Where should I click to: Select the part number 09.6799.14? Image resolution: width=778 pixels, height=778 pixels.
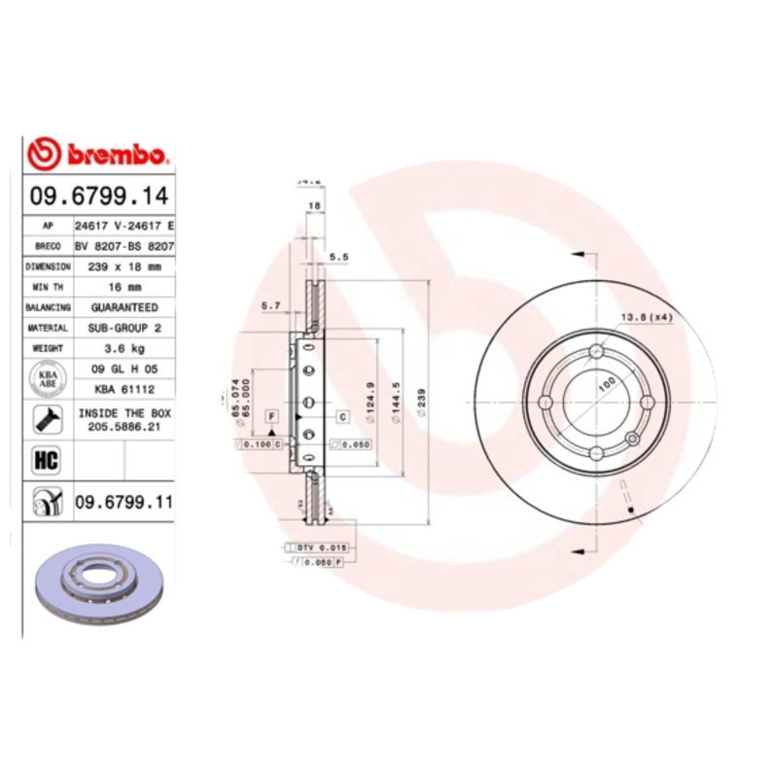98,195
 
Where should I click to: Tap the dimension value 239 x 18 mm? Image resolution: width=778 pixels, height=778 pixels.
124,265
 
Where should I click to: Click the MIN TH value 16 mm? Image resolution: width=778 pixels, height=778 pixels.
124,287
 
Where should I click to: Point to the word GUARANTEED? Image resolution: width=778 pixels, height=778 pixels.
124,307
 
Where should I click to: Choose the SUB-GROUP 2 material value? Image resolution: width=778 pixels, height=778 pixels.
124,329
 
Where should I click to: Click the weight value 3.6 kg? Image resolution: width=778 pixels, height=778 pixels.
124,348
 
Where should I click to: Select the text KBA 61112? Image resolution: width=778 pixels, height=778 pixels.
124,389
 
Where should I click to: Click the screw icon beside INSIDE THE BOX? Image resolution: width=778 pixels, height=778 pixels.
46,420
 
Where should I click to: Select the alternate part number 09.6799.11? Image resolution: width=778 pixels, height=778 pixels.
124,502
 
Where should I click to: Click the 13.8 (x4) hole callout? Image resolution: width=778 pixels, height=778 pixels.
647,318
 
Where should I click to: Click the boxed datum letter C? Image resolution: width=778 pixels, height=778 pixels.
342,417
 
